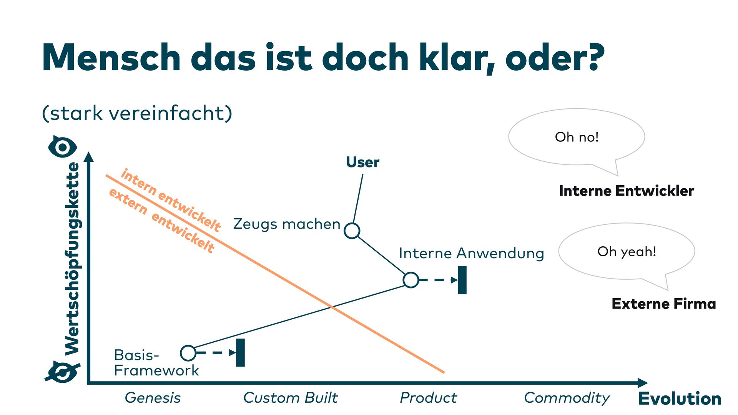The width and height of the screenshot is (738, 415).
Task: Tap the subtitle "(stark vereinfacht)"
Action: (137, 113)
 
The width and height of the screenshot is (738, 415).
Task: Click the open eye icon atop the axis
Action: (63, 147)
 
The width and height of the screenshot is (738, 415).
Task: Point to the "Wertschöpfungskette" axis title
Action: (72, 258)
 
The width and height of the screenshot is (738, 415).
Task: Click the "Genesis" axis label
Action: (153, 398)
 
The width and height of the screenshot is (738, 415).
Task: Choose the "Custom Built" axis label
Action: (291, 398)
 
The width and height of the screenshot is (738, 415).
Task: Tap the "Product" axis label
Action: (428, 398)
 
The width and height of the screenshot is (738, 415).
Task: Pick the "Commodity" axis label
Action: (567, 398)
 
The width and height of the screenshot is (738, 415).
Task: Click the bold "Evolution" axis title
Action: (680, 398)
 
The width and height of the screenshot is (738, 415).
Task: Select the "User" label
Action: (362, 162)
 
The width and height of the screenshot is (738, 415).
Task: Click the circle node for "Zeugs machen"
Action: (352, 231)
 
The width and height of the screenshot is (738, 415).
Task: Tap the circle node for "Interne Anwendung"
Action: (411, 280)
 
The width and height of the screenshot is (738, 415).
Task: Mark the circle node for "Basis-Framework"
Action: (188, 353)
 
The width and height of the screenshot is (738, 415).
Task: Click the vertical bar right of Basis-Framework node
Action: (240, 353)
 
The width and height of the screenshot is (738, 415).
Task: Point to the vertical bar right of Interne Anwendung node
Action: (462, 280)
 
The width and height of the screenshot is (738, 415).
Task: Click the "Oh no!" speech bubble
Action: (577, 137)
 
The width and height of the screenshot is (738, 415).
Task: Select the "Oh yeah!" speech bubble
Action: (627, 252)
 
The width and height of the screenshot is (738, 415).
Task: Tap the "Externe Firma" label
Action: (664, 304)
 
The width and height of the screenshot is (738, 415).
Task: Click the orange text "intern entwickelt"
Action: (171, 200)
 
